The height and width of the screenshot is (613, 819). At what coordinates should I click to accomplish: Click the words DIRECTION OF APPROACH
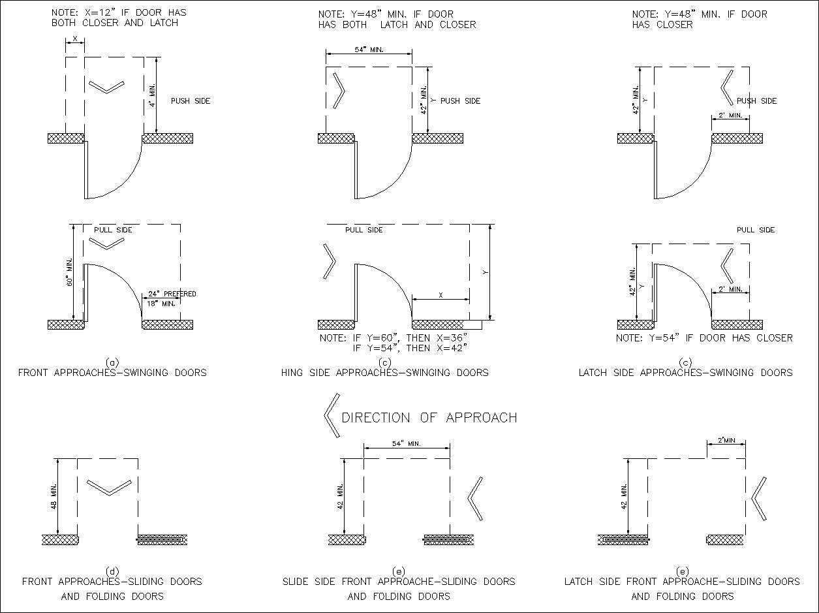429,418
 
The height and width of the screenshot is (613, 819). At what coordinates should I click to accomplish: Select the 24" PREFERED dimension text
172,294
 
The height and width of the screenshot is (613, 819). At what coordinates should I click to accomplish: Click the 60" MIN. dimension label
70,273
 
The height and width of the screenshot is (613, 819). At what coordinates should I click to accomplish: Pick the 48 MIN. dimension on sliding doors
54,497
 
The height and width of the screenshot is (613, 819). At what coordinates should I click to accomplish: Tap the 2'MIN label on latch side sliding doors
726,441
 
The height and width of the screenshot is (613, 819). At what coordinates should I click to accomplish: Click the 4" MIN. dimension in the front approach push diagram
151,95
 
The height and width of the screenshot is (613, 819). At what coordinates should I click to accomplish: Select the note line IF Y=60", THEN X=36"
393,338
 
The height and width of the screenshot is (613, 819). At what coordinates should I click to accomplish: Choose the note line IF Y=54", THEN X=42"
410,348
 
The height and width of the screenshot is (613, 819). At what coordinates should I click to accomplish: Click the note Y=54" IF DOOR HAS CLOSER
704,338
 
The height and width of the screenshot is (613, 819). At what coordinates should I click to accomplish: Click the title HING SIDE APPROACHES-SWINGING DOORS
384,373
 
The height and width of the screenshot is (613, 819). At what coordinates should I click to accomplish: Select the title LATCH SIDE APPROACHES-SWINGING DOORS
685,373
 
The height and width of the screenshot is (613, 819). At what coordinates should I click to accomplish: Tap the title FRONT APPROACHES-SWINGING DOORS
112,373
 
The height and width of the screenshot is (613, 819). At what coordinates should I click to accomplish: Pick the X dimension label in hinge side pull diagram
440,295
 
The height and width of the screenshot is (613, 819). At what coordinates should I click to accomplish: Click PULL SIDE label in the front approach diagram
113,230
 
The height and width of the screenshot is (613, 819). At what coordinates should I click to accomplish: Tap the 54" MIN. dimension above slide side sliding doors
406,444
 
